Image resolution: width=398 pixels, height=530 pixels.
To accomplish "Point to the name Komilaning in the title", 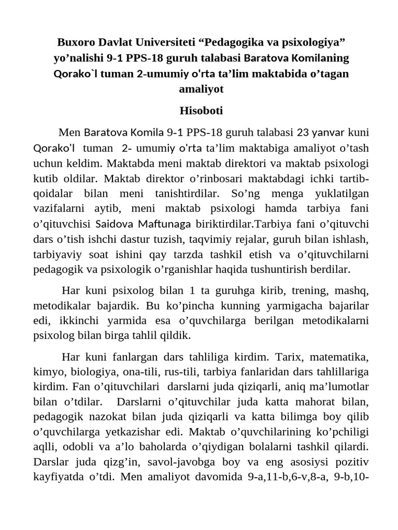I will coord(321,57).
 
